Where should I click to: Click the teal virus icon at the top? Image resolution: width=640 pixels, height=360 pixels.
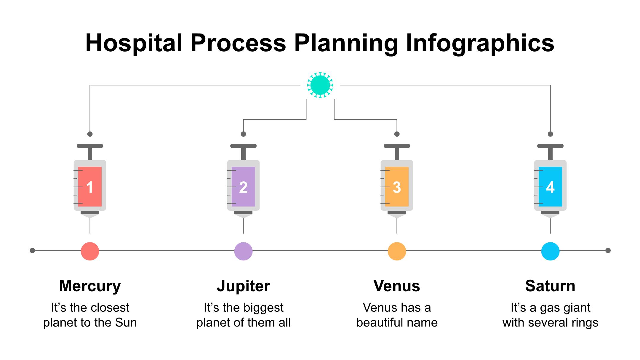320,85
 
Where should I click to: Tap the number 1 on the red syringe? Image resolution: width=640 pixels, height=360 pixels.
90,187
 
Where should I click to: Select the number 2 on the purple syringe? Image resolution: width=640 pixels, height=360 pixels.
243,187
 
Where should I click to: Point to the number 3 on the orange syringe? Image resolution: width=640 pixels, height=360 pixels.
397,187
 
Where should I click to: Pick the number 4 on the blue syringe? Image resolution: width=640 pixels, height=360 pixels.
550,187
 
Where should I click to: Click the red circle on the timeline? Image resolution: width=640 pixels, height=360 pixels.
90,251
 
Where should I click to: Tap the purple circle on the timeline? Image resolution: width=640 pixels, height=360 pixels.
243,251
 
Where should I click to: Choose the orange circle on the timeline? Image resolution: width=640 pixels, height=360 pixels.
397,251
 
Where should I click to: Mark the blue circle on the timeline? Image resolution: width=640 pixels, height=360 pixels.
550,251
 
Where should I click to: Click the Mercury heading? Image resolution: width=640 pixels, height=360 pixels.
90,286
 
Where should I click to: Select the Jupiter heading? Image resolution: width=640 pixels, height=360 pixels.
243,286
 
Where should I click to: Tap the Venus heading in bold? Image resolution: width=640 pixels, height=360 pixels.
397,286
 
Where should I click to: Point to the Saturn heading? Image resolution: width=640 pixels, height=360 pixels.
550,286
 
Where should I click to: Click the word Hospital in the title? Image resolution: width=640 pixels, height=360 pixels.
134,43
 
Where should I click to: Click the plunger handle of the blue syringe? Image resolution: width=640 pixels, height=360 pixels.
550,146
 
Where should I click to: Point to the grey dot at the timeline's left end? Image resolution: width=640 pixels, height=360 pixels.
32,251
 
